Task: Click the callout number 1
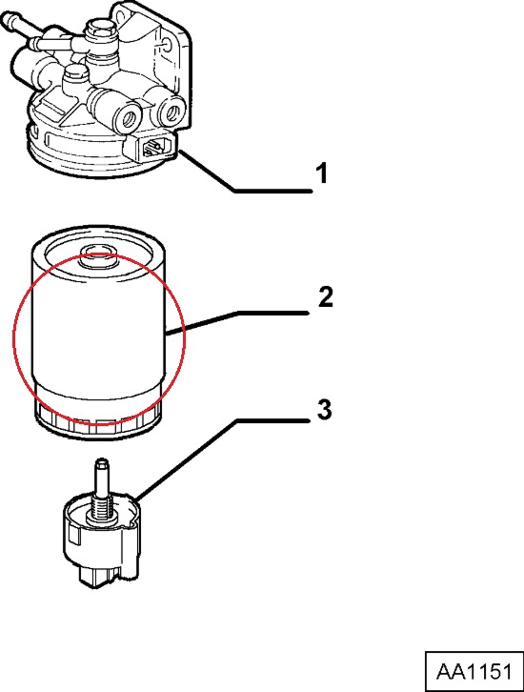323,173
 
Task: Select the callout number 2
326,296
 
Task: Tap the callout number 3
324,410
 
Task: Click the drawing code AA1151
474,671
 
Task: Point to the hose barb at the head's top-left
11,23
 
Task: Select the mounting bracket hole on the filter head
168,44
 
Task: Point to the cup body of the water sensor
101,537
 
